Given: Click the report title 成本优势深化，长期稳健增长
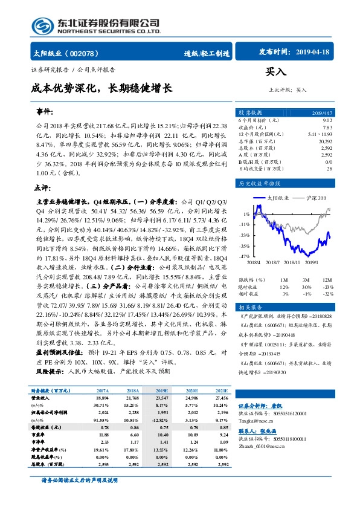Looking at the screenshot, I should [101, 88].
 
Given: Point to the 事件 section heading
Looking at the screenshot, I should [45, 113].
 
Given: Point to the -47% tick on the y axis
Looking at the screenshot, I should [245, 257].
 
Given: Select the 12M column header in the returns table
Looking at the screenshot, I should [327, 280].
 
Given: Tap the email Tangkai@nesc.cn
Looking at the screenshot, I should [256, 418].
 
